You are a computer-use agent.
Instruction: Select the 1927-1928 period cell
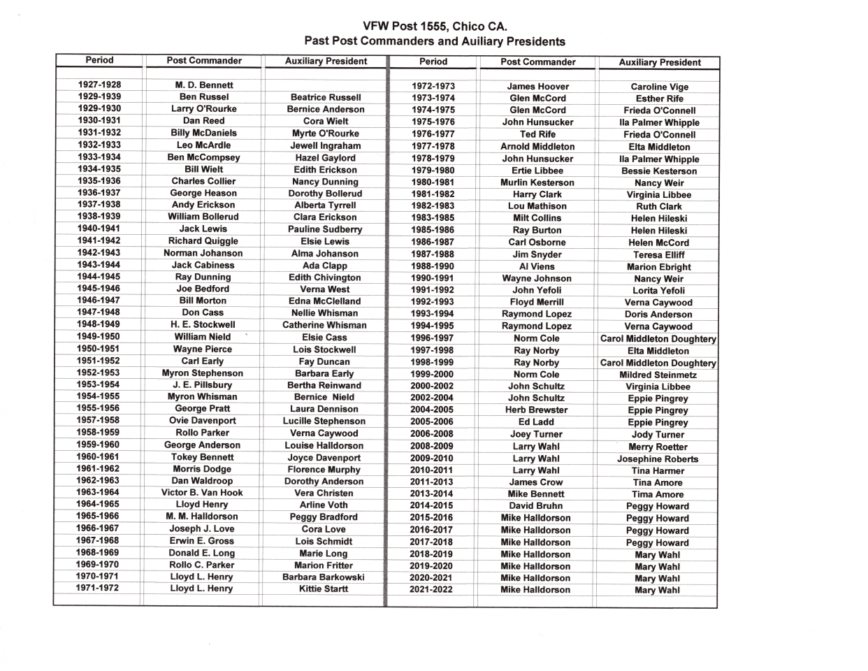99,85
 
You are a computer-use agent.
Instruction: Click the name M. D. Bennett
204,85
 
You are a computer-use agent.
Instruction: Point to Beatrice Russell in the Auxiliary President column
326,97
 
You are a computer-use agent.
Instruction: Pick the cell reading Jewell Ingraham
326,145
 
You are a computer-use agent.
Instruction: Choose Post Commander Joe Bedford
203,289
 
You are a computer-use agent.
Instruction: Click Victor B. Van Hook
202,493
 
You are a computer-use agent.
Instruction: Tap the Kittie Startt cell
324,589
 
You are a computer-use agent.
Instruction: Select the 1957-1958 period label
98,420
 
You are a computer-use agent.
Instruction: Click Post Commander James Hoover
537,87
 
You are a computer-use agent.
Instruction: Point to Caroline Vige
659,87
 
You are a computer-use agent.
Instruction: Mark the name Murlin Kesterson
537,182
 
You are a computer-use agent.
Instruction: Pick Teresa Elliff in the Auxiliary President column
658,255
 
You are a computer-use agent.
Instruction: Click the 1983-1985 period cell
433,218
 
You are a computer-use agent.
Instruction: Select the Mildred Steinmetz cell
658,375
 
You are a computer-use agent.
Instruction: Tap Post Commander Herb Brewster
536,410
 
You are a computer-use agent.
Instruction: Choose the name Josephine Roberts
658,459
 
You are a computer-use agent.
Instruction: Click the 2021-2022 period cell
431,589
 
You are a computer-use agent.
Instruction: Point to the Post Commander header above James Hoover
538,62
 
